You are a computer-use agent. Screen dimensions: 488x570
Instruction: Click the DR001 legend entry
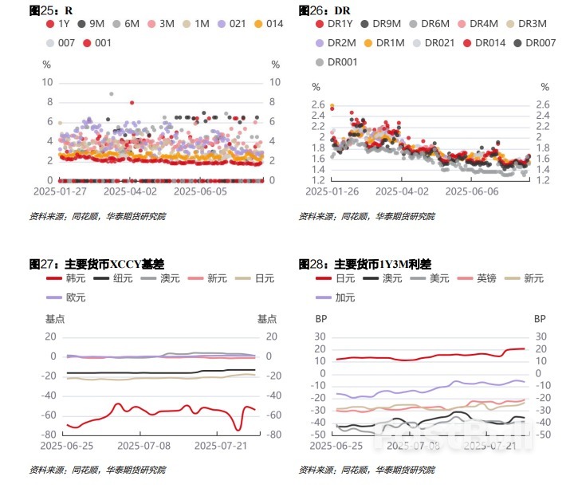point(338,61)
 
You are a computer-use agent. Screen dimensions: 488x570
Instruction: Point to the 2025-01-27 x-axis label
point(59,191)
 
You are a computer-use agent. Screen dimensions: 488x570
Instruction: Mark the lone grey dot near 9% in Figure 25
point(111,94)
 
